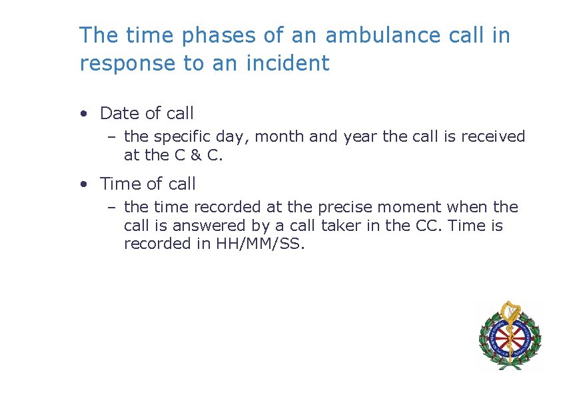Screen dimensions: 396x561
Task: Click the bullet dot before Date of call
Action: [x=83, y=114]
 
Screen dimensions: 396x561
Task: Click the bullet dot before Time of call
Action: [x=83, y=184]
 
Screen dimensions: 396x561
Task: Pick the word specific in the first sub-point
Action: [x=179, y=137]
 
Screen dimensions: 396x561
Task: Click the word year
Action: [x=360, y=137]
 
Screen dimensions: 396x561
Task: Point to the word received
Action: [x=494, y=137]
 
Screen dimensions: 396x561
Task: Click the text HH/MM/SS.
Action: [x=260, y=244]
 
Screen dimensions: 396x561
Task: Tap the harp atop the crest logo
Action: [x=510, y=310]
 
